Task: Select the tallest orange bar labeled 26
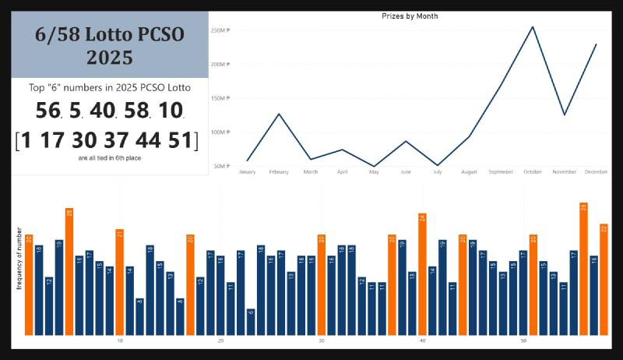click(583, 269)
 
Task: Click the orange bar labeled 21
click(120, 281)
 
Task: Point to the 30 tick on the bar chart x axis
click(322, 341)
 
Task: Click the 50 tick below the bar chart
click(523, 341)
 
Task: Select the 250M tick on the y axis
click(220, 30)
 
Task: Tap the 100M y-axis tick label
click(220, 132)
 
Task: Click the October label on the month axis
click(533, 171)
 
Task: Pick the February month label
click(278, 171)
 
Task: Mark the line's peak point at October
click(533, 27)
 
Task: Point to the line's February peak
click(278, 114)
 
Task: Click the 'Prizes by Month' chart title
click(410, 16)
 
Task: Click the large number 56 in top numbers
click(48, 111)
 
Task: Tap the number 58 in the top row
click(136, 111)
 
